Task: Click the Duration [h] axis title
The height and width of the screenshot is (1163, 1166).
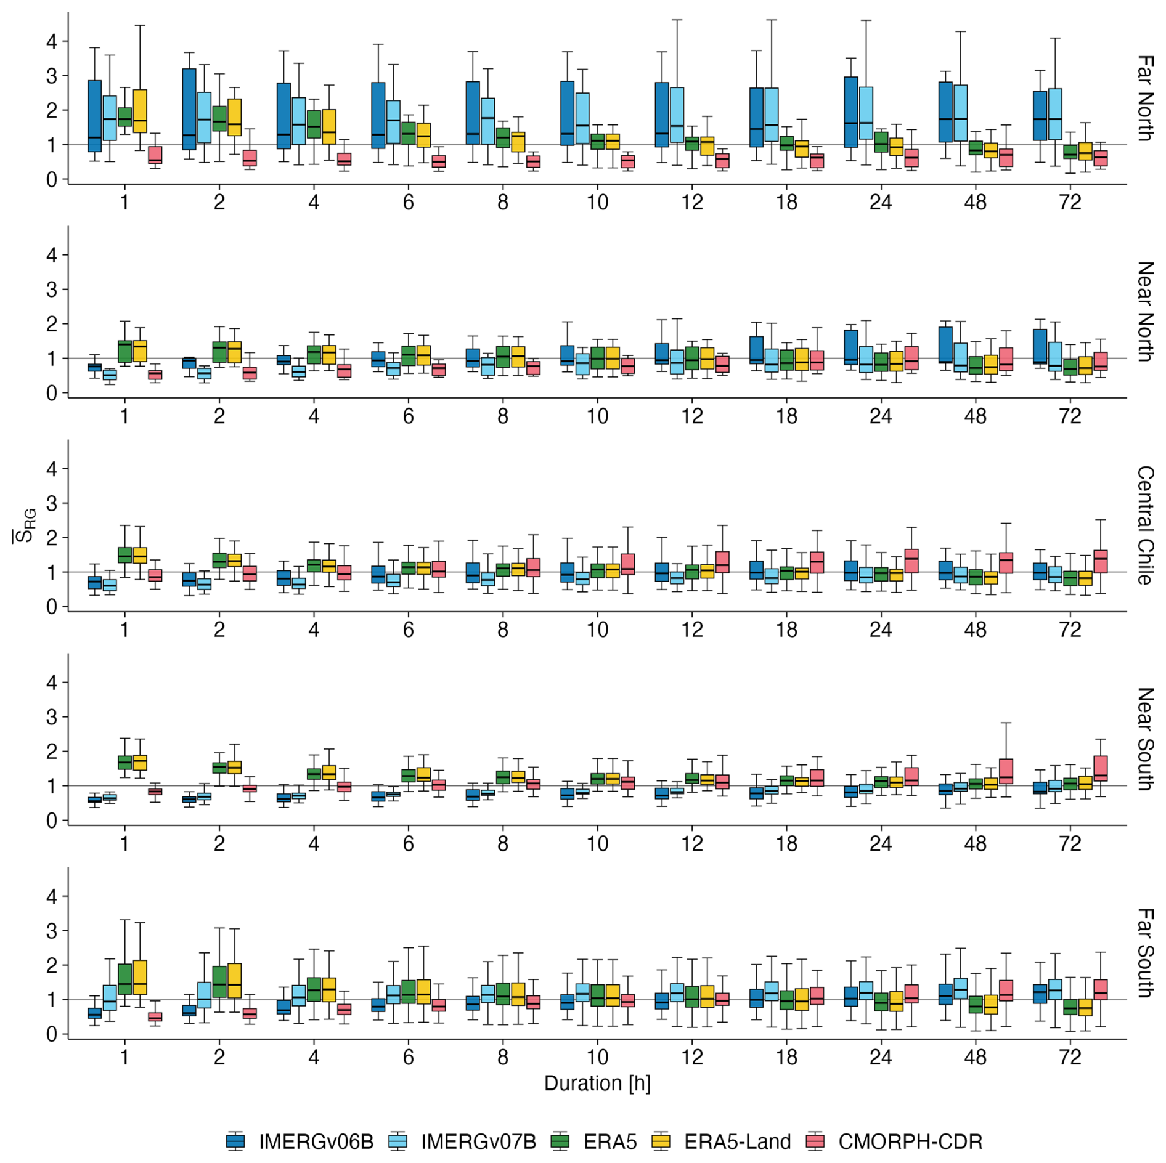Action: [597, 1082]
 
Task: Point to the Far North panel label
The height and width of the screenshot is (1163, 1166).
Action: [1145, 98]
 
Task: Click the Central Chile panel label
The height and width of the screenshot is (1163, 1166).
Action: [1145, 525]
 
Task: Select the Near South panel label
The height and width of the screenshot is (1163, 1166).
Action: [1145, 739]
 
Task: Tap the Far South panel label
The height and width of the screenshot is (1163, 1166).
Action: [1145, 952]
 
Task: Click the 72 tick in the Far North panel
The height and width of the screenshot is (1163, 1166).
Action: [1070, 202]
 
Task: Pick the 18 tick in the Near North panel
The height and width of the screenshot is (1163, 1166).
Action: [786, 416]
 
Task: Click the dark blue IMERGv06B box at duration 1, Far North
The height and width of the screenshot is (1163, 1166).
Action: [94, 116]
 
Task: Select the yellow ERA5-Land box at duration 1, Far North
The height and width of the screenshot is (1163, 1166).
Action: [140, 111]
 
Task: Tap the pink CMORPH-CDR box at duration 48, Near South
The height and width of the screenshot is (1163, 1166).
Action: [1006, 771]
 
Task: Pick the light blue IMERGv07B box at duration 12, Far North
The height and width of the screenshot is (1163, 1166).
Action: [677, 115]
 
